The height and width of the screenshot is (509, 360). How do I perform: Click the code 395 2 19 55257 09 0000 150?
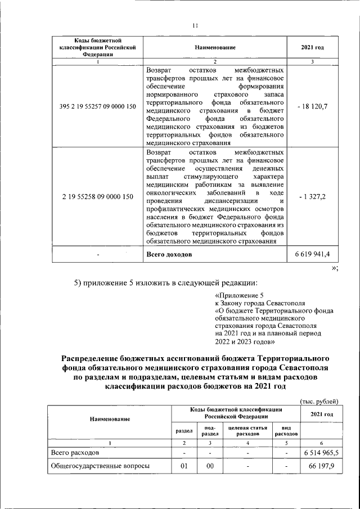point(97,106)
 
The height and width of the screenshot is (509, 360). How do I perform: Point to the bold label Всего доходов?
point(168,255)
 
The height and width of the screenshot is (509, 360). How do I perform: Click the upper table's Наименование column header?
point(215,48)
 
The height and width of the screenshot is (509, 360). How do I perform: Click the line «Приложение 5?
point(239,295)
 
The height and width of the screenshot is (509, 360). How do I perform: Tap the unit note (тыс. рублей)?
point(319,401)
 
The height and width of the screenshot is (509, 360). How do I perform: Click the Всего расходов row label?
point(75,452)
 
